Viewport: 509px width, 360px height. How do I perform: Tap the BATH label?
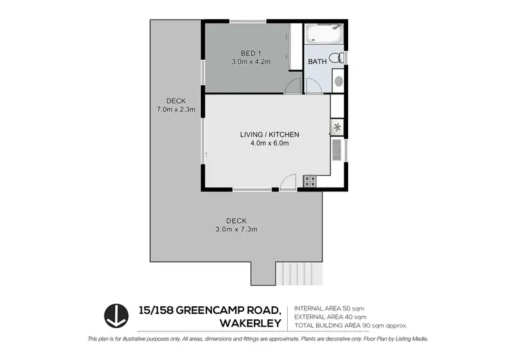tap(317, 62)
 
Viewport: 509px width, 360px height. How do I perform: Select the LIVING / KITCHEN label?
tap(269, 134)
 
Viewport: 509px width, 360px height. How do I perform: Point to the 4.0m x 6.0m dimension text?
tap(269, 143)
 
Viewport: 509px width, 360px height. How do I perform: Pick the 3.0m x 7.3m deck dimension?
tap(236, 229)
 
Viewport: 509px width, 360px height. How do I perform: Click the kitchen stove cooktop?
tap(309, 181)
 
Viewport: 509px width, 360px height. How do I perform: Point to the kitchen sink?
tap(337, 149)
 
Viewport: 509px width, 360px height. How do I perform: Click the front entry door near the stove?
tap(288, 182)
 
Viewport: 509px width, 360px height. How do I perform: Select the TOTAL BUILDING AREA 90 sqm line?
tap(351, 325)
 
